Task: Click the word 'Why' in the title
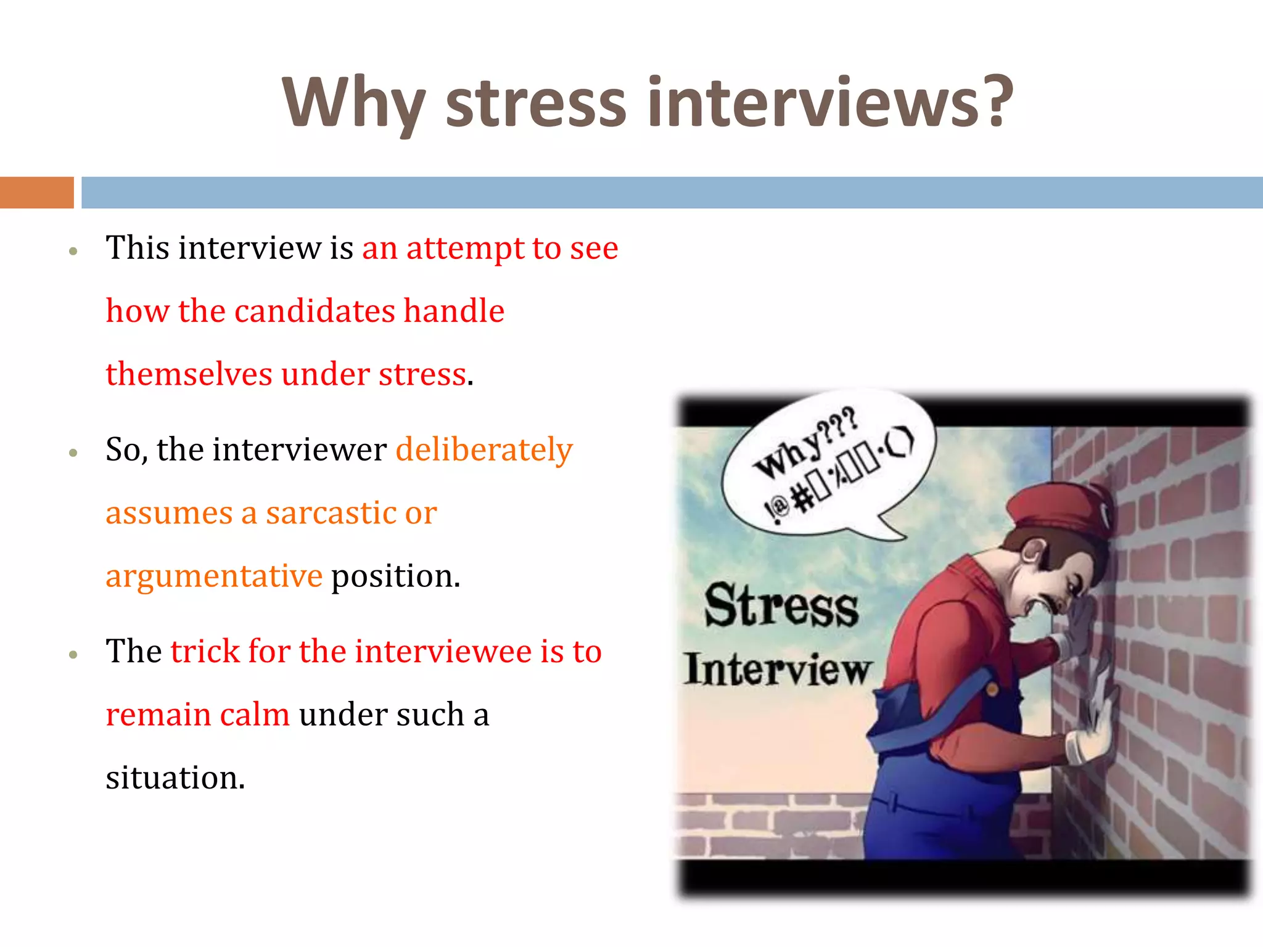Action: [353, 104]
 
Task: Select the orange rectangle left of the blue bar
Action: [36, 192]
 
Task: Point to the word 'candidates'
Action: [315, 311]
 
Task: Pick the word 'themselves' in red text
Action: [189, 374]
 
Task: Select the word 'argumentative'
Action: [213, 576]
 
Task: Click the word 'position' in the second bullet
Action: [395, 576]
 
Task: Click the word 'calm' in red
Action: [254, 715]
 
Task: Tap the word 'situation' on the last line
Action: [175, 778]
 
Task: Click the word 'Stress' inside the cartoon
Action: [781, 606]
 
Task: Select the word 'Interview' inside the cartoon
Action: [778, 670]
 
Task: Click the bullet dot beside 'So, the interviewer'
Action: [73, 453]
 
